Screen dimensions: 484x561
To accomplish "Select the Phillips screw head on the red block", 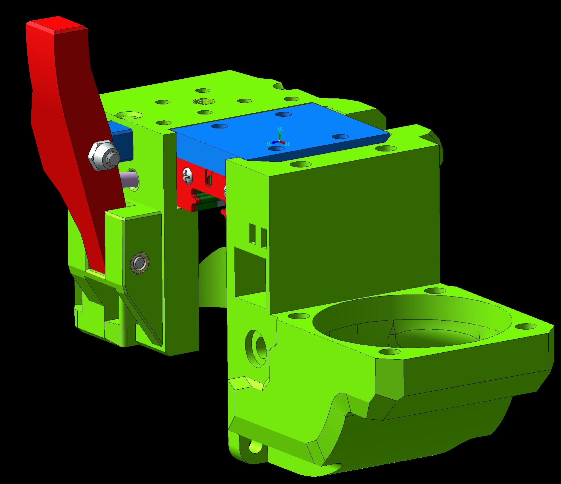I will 187,177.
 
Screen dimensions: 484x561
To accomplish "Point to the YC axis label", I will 280,128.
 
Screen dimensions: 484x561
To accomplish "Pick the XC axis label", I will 288,144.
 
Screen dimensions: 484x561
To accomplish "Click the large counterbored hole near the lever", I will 129,115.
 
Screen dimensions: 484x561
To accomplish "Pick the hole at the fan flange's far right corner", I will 526,326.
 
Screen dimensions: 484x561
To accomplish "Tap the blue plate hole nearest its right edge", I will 340,137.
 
